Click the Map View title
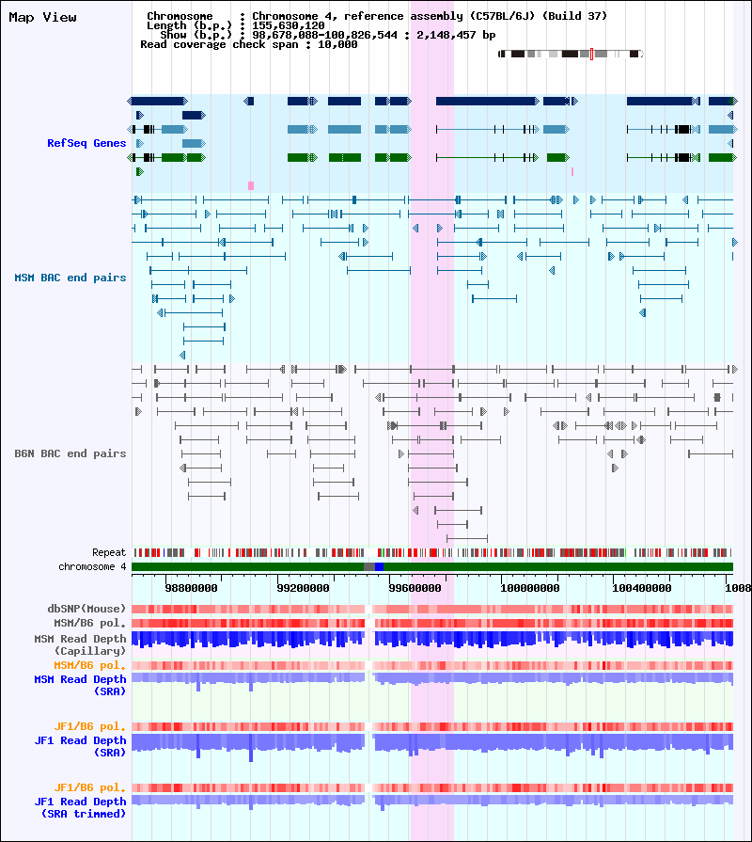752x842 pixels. coord(42,17)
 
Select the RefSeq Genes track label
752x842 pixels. coord(86,143)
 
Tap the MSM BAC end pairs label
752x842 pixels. coord(70,278)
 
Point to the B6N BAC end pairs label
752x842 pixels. coord(70,453)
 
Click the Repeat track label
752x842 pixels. coord(109,552)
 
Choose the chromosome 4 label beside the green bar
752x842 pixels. coord(92,566)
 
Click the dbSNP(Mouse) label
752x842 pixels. coord(86,609)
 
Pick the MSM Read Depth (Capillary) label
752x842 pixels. coord(81,644)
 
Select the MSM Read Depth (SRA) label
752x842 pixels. coord(81,685)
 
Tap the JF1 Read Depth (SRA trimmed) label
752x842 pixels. coord(81,807)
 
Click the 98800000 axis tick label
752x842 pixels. coord(192,588)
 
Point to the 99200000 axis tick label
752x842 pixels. coord(303,588)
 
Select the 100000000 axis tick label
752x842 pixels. coord(530,588)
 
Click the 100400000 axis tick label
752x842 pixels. coord(641,588)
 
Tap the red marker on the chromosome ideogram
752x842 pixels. coord(591,54)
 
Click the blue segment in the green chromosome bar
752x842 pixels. coord(379,567)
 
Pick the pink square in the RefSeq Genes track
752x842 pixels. coord(250,185)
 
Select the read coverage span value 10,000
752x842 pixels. coord(337,44)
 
